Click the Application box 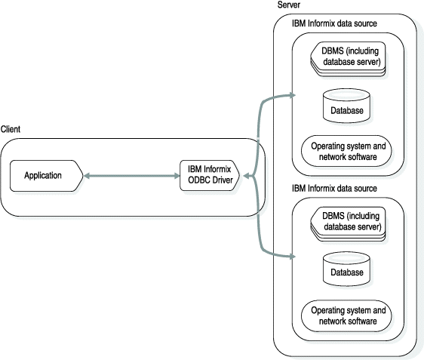(45, 176)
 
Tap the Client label (11, 130)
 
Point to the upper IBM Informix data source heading (334, 23)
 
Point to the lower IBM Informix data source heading (334, 187)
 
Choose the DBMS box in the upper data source (346, 57)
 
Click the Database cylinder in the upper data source (347, 106)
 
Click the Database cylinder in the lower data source (347, 270)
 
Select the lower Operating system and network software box (347, 315)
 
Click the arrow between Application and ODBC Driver (132, 176)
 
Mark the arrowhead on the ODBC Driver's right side (246, 177)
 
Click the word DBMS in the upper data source (333, 51)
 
